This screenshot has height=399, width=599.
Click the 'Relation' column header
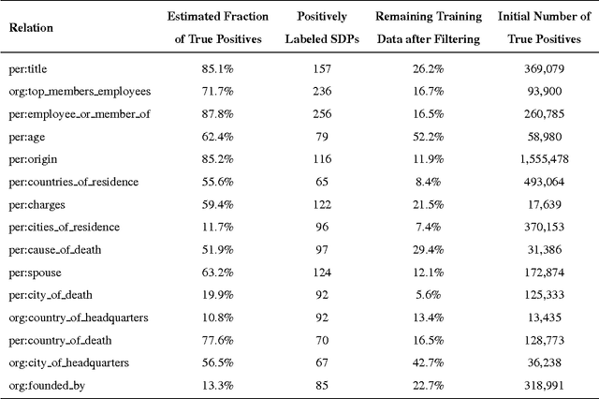(31, 27)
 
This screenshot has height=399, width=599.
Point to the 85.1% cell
(216, 69)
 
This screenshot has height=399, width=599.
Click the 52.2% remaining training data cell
(428, 137)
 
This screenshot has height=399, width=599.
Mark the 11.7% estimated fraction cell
(216, 226)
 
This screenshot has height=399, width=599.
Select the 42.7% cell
(428, 361)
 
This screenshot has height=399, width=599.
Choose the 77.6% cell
(216, 338)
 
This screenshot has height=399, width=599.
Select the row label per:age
(27, 137)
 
